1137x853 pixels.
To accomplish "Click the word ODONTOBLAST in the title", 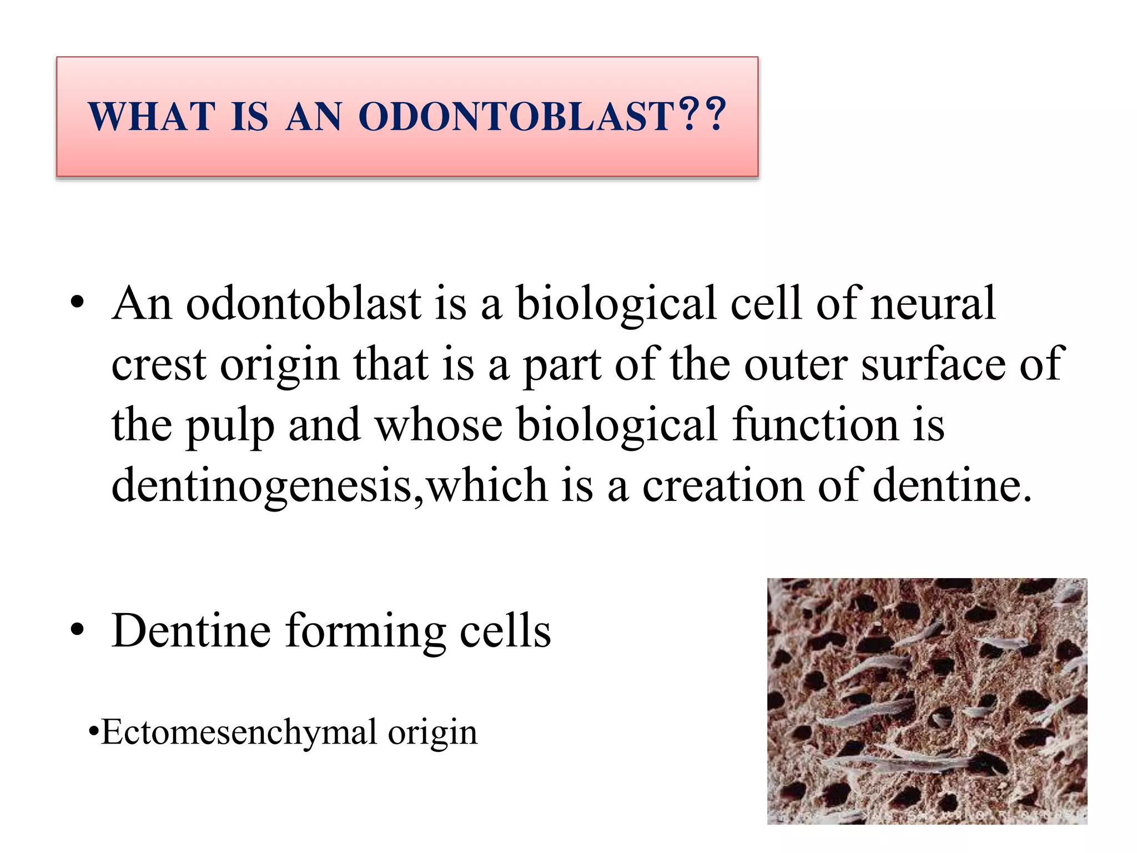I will point(516,117).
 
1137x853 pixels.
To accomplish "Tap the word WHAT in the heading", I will point(152,117).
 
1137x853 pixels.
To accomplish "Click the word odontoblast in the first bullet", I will point(303,304).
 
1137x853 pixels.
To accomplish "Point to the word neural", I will point(933,304).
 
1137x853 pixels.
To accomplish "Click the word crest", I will point(159,365).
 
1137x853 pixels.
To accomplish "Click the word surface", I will point(933,365).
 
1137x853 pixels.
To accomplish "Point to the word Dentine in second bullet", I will point(191,631).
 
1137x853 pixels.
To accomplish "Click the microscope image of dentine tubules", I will point(927,701).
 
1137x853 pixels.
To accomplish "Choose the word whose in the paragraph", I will point(439,425).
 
